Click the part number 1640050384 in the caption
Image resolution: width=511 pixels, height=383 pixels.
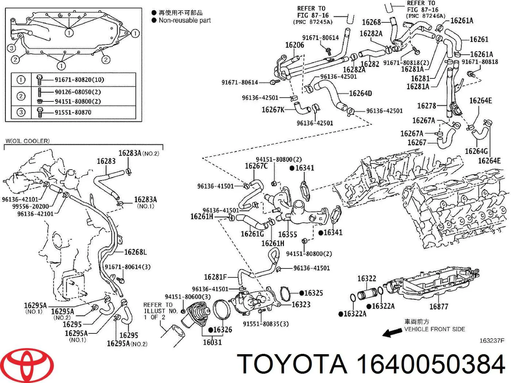431,364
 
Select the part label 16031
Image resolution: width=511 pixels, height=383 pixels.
212,342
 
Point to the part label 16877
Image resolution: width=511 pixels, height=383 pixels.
438,306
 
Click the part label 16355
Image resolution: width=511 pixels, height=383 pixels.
287,234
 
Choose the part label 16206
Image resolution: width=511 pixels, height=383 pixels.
295,45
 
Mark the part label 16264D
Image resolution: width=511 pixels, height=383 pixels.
360,93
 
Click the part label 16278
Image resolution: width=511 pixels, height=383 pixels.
426,106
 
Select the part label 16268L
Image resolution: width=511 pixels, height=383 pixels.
135,252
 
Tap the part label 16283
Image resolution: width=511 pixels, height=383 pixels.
106,161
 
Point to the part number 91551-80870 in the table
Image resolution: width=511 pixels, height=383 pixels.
73,112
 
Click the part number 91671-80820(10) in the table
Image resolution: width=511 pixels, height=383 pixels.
79,80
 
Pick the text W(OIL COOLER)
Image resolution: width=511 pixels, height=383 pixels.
27,141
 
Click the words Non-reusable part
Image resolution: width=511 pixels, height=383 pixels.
185,20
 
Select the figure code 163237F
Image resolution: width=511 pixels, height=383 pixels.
492,341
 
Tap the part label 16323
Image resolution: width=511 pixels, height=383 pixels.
301,304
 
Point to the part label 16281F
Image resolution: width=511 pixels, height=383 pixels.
215,277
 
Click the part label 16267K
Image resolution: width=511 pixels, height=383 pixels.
273,109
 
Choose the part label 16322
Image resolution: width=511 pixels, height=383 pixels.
366,279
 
